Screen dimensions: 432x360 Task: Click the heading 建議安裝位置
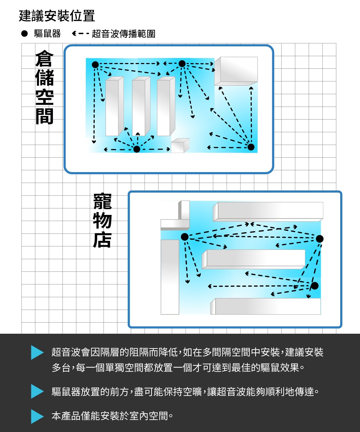(x=57, y=16)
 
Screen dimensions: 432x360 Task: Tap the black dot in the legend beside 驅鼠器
(x=24, y=34)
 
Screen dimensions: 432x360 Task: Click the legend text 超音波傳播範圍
(x=123, y=34)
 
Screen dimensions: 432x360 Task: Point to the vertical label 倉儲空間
(x=44, y=88)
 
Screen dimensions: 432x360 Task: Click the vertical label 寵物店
(x=102, y=221)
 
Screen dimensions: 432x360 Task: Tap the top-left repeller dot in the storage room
(x=95, y=64)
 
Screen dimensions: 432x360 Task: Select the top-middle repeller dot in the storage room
(x=182, y=64)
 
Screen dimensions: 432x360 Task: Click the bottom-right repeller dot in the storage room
(x=251, y=147)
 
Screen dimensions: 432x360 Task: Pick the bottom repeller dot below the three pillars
(x=137, y=149)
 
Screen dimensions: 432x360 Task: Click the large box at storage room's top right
(x=236, y=71)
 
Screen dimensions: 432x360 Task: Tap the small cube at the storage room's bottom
(x=179, y=146)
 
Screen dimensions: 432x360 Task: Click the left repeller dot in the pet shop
(x=184, y=237)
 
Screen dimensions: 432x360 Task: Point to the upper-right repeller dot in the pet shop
(x=320, y=239)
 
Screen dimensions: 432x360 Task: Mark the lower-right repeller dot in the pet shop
(x=315, y=286)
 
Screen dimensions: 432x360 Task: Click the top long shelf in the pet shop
(x=268, y=211)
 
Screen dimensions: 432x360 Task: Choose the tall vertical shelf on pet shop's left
(x=170, y=276)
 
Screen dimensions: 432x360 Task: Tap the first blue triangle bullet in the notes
(x=37, y=352)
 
